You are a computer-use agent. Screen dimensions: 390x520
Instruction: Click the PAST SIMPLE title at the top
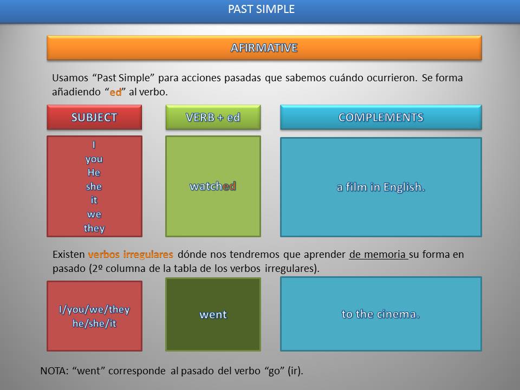coord(261,9)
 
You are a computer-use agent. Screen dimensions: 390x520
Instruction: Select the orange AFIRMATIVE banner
coord(264,48)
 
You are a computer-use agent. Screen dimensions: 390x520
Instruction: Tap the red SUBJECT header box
coord(94,118)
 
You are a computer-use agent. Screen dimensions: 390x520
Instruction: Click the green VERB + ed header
coord(213,118)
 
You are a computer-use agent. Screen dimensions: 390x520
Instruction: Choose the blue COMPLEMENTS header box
coord(381,118)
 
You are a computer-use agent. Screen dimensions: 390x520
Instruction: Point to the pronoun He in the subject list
coord(94,173)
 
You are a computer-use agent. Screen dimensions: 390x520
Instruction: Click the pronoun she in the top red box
coord(94,186)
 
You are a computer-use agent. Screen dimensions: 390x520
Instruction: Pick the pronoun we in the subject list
coord(94,214)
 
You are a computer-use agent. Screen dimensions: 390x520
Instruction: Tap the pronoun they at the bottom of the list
coord(94,228)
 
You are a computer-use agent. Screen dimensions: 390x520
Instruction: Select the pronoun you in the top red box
coord(94,159)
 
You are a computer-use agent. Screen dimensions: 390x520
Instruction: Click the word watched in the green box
coord(213,186)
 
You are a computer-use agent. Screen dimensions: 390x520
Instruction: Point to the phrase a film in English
coord(381,187)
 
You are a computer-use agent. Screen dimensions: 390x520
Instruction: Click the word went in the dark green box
coord(213,315)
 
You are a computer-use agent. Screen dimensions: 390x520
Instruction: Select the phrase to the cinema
coord(381,314)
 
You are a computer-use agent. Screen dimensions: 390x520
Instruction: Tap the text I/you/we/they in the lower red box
coord(94,310)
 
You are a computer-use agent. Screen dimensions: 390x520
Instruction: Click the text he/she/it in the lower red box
coord(94,323)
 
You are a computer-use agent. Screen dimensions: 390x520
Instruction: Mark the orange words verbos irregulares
coord(131,254)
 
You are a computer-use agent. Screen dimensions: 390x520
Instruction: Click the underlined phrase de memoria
coord(378,254)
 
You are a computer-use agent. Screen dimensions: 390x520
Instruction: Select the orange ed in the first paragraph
coord(115,92)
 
